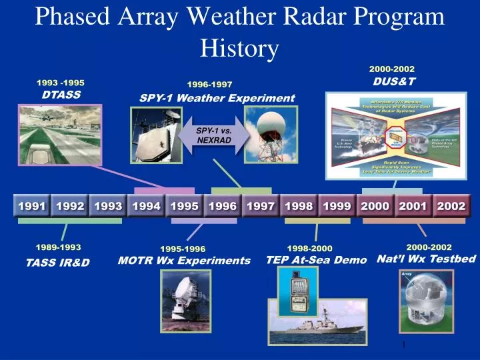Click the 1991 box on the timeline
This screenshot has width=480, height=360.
click(x=31, y=207)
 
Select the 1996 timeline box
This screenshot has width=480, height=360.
click(x=222, y=207)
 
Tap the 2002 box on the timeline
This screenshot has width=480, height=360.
click(x=451, y=207)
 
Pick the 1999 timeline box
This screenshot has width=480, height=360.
click(x=337, y=207)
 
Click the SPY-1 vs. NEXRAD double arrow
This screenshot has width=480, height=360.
click(x=213, y=135)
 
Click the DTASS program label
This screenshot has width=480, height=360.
click(x=61, y=95)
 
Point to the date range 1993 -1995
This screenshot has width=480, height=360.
click(x=61, y=83)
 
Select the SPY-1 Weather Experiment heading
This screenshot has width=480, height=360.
click(x=217, y=98)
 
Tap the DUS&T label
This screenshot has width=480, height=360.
click(x=394, y=81)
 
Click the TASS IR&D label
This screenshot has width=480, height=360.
click(x=57, y=262)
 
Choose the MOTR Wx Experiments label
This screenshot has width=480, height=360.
click(x=184, y=260)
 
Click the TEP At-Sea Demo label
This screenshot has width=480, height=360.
click(x=317, y=260)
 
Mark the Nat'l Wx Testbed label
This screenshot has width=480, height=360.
click(x=427, y=259)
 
